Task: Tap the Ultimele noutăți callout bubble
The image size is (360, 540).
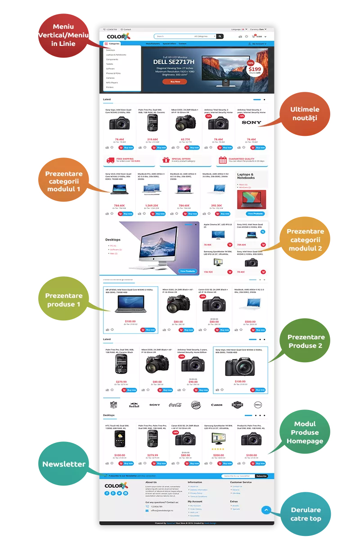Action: click(x=305, y=113)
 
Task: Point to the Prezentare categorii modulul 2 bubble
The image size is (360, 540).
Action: click(x=306, y=240)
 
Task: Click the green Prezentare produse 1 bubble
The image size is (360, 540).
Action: click(x=63, y=300)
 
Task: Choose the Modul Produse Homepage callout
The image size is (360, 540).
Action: click(x=305, y=432)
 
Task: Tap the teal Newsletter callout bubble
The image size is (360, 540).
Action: click(x=64, y=464)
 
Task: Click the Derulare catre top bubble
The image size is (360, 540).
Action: click(x=306, y=514)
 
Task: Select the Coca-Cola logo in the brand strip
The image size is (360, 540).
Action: click(x=175, y=405)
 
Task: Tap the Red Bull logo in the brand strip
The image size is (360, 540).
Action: click(x=134, y=405)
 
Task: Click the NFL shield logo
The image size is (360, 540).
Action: click(x=113, y=404)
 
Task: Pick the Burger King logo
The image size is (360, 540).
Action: click(x=195, y=404)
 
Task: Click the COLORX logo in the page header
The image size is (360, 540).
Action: click(x=118, y=36)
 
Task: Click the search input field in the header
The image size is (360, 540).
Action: click(x=173, y=36)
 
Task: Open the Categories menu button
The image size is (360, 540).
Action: click(x=113, y=44)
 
